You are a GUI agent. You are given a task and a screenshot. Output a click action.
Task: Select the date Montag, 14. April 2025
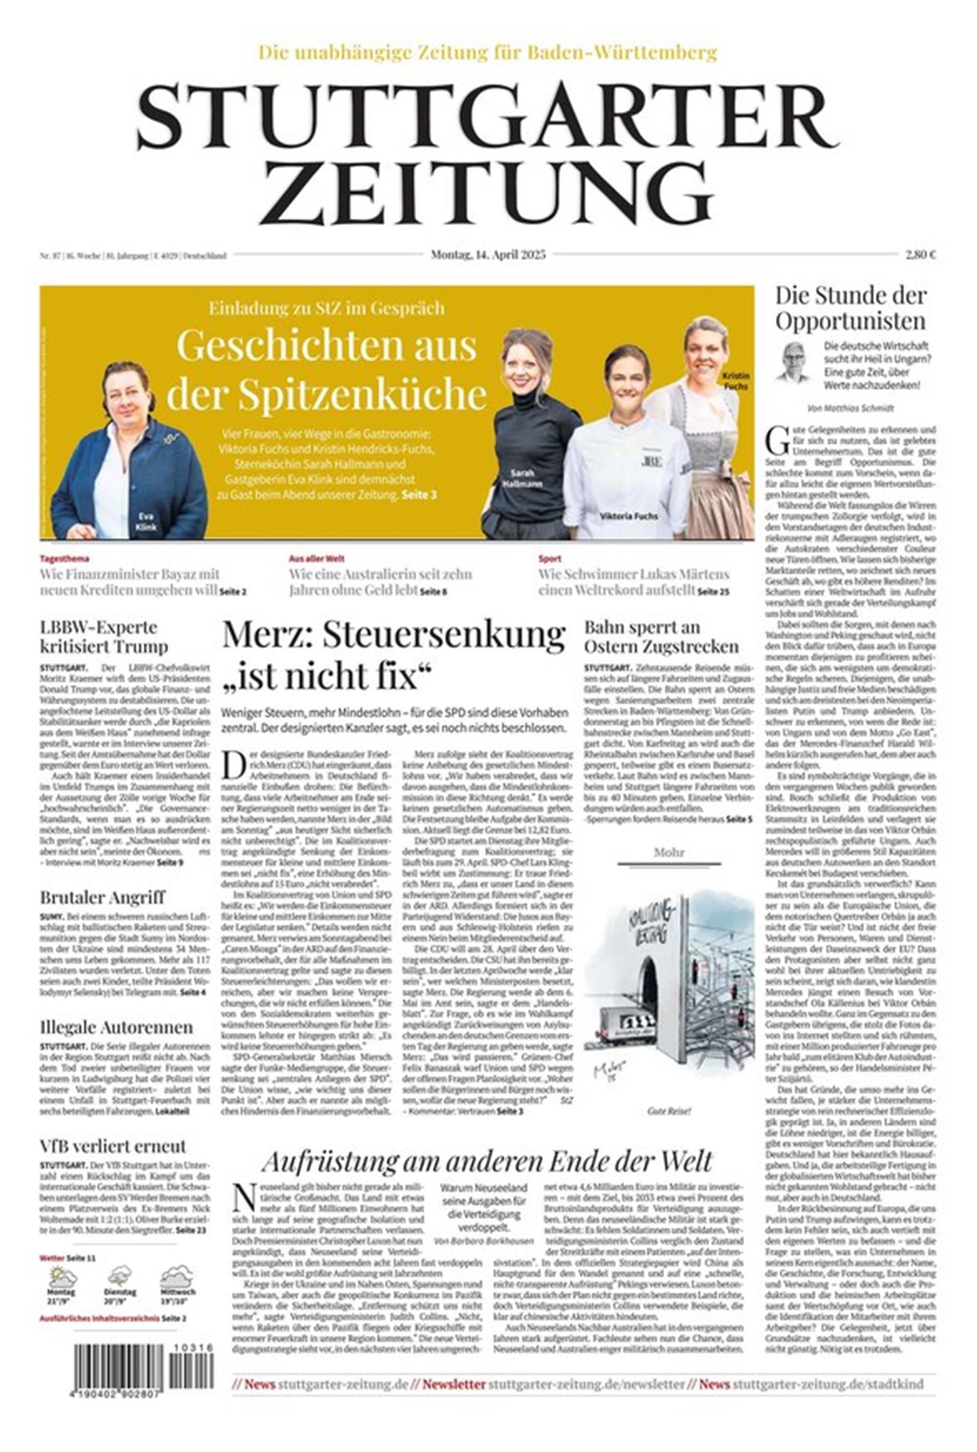[x=488, y=254]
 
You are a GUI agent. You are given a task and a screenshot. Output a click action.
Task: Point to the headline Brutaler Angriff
[x=102, y=897]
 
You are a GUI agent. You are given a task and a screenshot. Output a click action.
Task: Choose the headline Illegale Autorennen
[x=116, y=1026]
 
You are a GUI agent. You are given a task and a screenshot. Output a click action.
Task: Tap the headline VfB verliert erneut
[x=113, y=1146]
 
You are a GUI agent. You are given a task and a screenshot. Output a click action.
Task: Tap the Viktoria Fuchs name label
[x=628, y=516]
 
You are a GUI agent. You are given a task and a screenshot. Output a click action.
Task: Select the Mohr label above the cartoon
[x=669, y=852]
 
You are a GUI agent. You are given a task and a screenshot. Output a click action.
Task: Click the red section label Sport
[x=550, y=559]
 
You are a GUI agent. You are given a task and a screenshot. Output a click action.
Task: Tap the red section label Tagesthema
[x=64, y=559]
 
